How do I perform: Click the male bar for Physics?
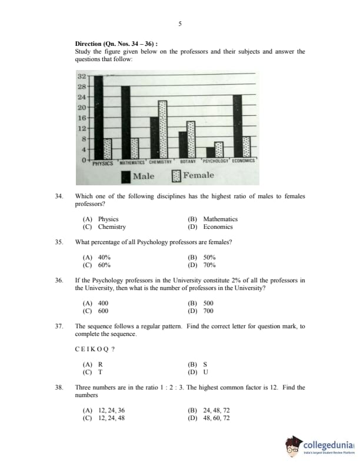click(x=99, y=117)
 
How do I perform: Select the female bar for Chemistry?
click(x=163, y=129)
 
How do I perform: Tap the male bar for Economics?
click(x=237, y=126)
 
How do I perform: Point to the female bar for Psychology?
click(x=219, y=150)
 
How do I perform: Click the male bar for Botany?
click(x=183, y=145)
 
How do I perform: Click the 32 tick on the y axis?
click(x=82, y=76)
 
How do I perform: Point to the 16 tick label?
click(x=82, y=118)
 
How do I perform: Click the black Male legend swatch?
click(x=126, y=176)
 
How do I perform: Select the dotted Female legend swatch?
click(x=176, y=176)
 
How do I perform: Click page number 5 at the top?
click(x=179, y=24)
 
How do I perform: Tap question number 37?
click(x=59, y=326)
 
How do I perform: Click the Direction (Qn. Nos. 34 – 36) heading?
click(x=116, y=44)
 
